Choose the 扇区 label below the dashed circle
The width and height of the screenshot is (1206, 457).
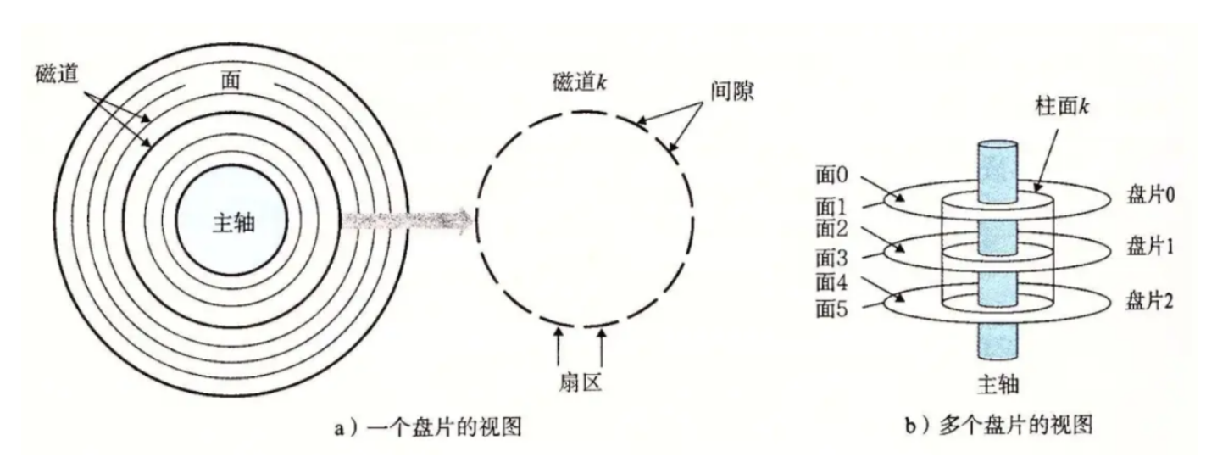click(581, 383)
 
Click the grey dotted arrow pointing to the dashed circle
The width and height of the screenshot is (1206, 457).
click(404, 222)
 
